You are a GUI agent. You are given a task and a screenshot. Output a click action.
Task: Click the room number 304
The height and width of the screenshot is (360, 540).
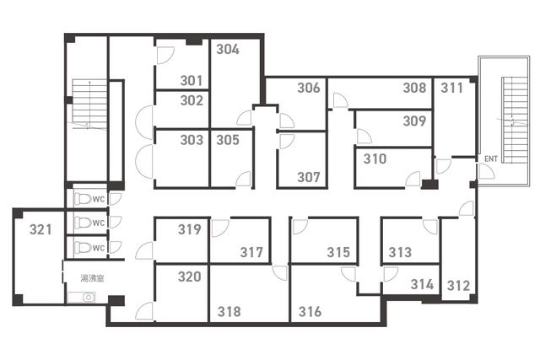click(228, 49)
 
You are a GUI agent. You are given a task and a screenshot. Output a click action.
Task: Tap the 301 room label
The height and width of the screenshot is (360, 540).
click(192, 81)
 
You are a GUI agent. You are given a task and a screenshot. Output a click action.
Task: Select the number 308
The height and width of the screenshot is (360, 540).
click(414, 88)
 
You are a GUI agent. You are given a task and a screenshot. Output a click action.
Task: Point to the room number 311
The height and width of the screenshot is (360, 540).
click(452, 88)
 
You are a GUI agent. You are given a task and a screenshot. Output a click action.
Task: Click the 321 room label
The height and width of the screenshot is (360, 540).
click(40, 229)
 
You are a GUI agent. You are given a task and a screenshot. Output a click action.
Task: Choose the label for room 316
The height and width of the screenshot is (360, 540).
click(310, 311)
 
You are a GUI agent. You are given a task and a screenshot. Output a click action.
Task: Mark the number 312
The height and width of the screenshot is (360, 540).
click(458, 285)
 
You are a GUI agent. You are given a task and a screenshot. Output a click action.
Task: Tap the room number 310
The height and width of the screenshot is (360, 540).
click(375, 159)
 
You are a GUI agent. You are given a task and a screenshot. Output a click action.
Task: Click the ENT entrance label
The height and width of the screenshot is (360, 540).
click(491, 159)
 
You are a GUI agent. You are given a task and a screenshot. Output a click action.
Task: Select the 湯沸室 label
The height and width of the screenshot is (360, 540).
click(92, 278)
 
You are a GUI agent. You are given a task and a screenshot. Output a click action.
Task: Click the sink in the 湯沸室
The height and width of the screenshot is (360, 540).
click(81, 298)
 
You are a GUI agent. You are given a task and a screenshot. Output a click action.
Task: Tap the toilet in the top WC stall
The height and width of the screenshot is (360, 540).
click(83, 199)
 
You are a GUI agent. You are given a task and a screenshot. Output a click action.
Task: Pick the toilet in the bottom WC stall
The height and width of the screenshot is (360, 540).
click(83, 248)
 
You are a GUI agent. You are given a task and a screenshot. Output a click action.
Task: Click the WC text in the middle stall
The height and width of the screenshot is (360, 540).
click(99, 223)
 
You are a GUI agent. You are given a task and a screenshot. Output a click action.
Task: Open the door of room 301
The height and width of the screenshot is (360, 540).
click(165, 55)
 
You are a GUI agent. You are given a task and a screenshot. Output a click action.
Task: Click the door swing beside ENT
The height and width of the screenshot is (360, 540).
click(486, 171)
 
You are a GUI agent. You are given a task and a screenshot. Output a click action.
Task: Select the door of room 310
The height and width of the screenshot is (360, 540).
click(413, 179)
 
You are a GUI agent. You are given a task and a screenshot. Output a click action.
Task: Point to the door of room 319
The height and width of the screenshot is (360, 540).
click(144, 250)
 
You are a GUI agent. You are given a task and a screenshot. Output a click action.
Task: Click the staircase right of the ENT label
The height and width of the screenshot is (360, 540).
click(515, 121)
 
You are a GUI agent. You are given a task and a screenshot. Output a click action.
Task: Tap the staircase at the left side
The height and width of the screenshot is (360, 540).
click(89, 105)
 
